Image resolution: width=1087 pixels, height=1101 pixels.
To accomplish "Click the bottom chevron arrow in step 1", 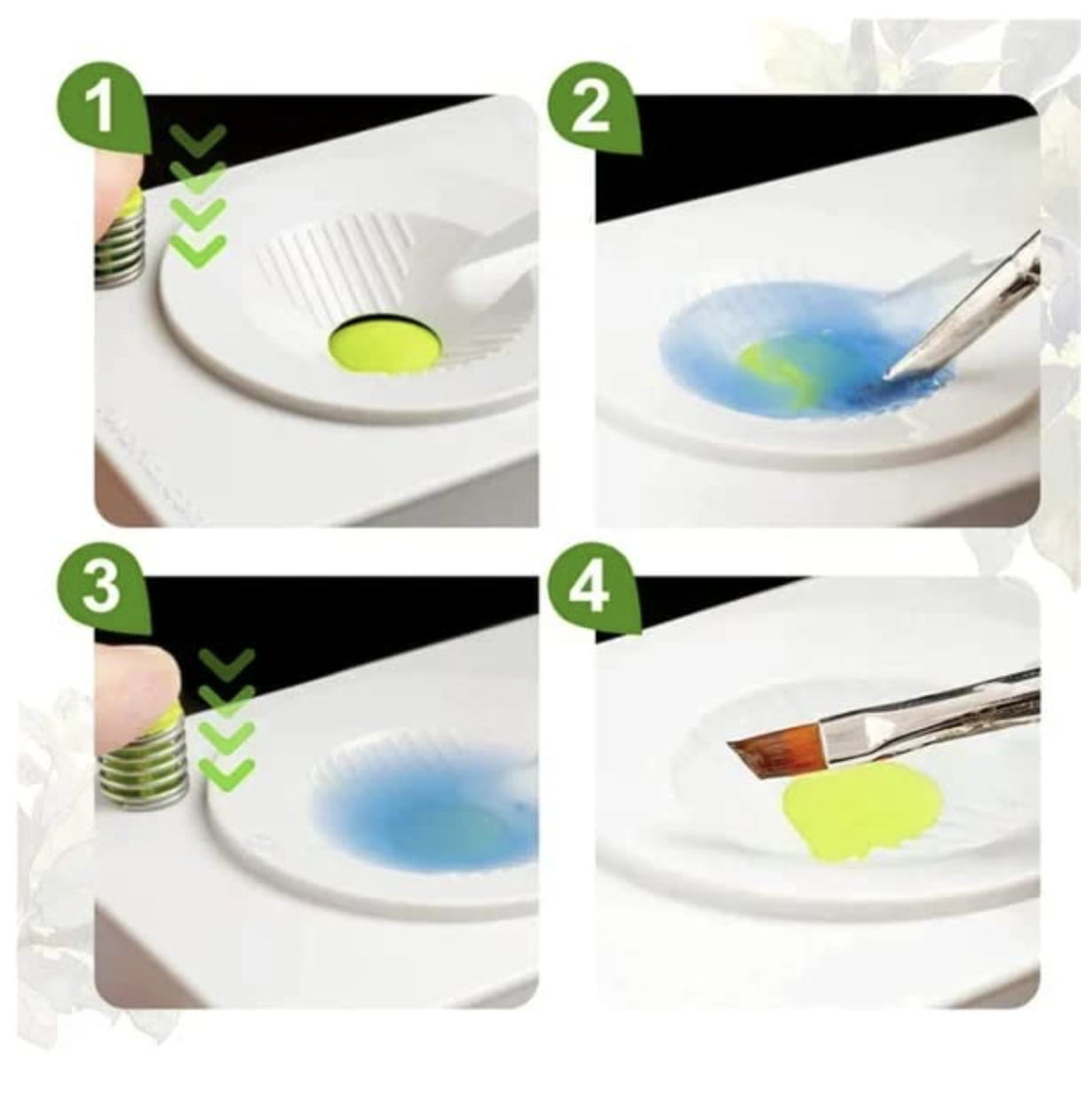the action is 198,250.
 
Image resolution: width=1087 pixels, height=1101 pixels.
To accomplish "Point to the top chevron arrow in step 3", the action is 226,662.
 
